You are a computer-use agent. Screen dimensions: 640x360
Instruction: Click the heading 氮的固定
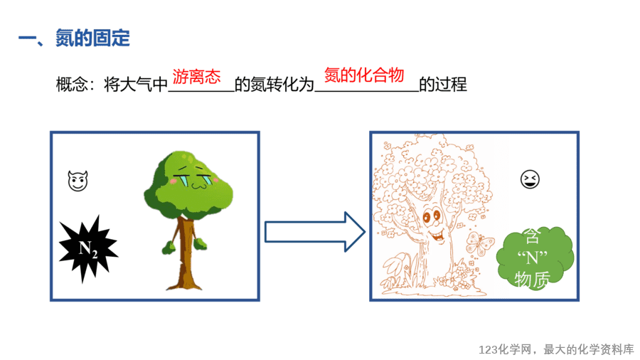click(x=92, y=38)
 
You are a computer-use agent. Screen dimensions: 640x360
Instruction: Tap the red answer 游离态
click(x=196, y=76)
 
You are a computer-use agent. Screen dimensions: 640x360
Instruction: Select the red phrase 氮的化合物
click(x=363, y=75)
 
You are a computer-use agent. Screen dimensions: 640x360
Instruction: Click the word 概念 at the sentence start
click(x=72, y=85)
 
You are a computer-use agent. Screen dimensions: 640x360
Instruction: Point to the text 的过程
click(x=443, y=85)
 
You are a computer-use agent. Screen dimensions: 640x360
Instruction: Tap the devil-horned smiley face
click(x=78, y=181)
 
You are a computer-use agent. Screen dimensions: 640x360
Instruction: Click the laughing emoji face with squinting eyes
click(x=530, y=179)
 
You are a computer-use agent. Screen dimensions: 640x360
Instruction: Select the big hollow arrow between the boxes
click(x=315, y=232)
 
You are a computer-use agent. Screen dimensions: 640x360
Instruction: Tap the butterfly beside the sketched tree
click(x=479, y=243)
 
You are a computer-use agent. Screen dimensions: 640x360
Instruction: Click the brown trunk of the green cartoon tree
click(x=186, y=253)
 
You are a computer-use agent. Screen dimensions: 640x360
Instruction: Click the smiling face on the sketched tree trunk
click(x=434, y=226)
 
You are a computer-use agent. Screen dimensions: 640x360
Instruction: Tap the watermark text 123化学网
click(x=505, y=350)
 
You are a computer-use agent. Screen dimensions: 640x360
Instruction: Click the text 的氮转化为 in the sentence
click(x=274, y=85)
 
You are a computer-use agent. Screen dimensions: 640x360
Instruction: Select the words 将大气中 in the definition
click(x=136, y=85)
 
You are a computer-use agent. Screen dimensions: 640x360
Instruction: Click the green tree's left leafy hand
click(x=169, y=248)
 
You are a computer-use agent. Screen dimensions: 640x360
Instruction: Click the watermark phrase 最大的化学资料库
click(x=589, y=350)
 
